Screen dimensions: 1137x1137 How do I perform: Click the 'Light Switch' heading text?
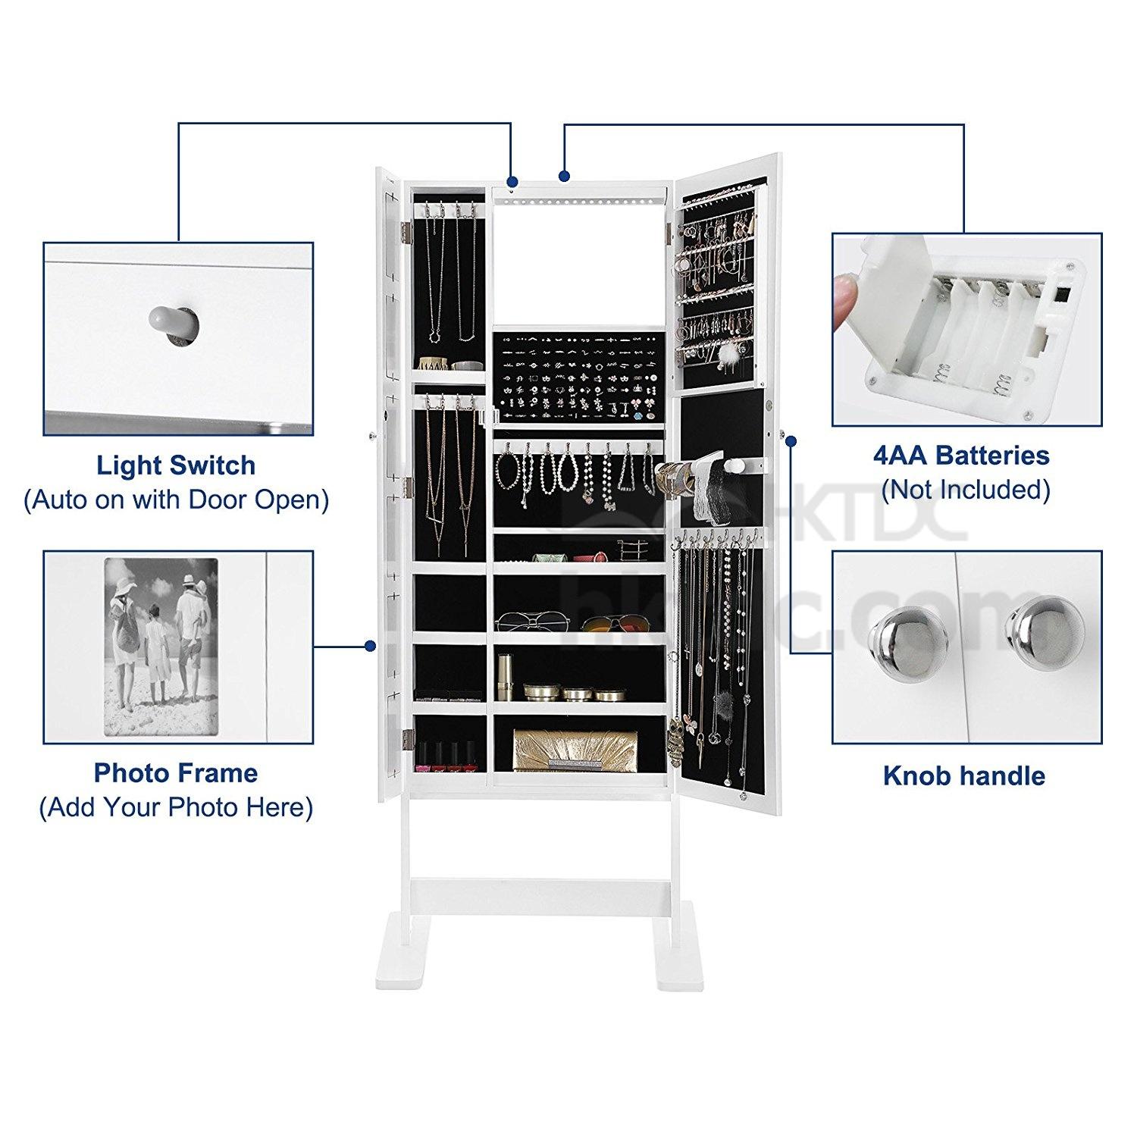point(176,465)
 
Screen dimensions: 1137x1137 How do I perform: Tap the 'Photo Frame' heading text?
point(176,773)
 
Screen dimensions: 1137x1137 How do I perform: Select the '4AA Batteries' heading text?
point(962,456)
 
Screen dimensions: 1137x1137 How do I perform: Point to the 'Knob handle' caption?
point(964,776)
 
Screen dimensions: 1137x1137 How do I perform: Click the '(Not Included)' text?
point(966,490)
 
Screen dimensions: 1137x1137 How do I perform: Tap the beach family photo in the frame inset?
point(161,646)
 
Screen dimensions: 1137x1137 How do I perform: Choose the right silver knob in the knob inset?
point(1035,627)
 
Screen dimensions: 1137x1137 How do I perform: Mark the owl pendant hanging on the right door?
point(675,737)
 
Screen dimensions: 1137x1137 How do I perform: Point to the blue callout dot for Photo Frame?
point(370,647)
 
